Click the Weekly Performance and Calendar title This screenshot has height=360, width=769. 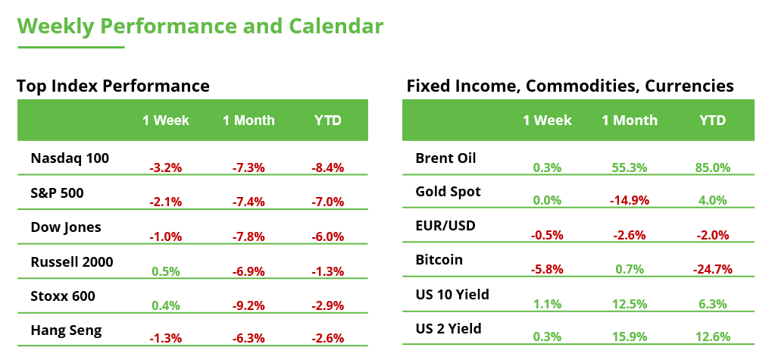pyautogui.click(x=200, y=26)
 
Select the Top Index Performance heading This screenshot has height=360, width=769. pyautogui.click(x=113, y=86)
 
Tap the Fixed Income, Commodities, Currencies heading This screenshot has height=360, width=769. pyautogui.click(x=570, y=86)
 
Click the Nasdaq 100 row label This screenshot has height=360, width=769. pyautogui.click(x=70, y=158)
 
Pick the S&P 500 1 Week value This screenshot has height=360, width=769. pyautogui.click(x=166, y=202)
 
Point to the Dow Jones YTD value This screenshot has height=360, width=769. pyautogui.click(x=327, y=236)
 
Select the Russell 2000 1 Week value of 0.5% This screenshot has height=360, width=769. pyautogui.click(x=166, y=271)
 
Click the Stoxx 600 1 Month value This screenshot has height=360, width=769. pyautogui.click(x=249, y=305)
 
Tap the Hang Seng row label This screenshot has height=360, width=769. pyautogui.click(x=66, y=330)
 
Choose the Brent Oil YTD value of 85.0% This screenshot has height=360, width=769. pyautogui.click(x=712, y=167)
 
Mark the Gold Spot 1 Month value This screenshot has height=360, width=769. pyautogui.click(x=629, y=201)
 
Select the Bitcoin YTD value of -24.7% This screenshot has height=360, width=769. pyautogui.click(x=712, y=269)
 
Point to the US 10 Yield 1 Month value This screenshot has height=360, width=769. pyautogui.click(x=629, y=304)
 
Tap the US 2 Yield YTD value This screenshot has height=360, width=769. pyautogui.click(x=712, y=337)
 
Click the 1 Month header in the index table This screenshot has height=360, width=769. pyautogui.click(x=249, y=121)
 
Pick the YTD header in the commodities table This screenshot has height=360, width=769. pyautogui.click(x=712, y=121)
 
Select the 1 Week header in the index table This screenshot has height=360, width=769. pyautogui.click(x=166, y=121)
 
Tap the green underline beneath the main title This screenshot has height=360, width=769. pyautogui.click(x=70, y=47)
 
